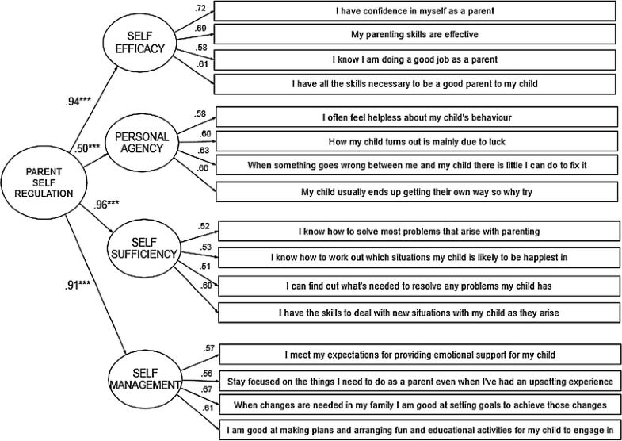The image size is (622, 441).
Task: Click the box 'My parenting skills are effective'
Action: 414,36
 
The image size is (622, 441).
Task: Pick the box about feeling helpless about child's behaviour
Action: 417,117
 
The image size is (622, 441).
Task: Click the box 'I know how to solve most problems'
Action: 419,231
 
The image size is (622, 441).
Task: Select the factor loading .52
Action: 205,226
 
